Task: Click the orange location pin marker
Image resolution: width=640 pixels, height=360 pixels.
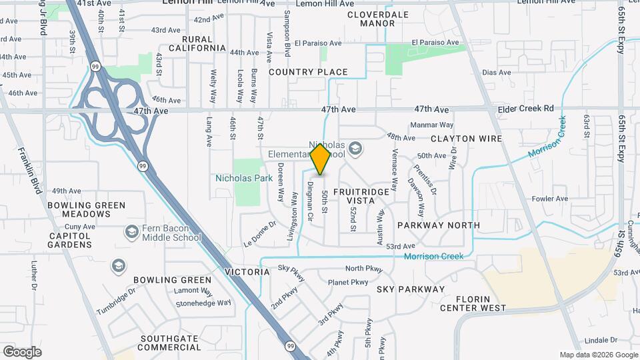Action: coord(321,160)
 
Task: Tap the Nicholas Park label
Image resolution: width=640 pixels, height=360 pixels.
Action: coord(244,178)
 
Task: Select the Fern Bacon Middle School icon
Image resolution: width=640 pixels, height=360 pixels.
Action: coord(131,231)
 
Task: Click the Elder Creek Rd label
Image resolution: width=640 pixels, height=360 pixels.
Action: coord(530,108)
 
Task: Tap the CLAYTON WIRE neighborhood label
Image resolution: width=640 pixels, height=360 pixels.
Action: coord(466,139)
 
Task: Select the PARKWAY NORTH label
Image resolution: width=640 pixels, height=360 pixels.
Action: coord(438,225)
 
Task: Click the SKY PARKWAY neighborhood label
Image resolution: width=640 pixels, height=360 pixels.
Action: coord(410,289)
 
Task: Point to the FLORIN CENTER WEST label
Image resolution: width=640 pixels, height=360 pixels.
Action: coord(481,303)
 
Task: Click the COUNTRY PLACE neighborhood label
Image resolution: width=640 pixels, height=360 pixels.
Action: coord(308,72)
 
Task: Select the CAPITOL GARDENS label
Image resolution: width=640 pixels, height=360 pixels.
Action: coord(69,240)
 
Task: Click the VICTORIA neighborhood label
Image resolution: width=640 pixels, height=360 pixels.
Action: coord(247,272)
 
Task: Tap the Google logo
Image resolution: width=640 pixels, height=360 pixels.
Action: coord(22,351)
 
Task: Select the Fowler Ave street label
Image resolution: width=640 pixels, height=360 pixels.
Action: coord(550,198)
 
